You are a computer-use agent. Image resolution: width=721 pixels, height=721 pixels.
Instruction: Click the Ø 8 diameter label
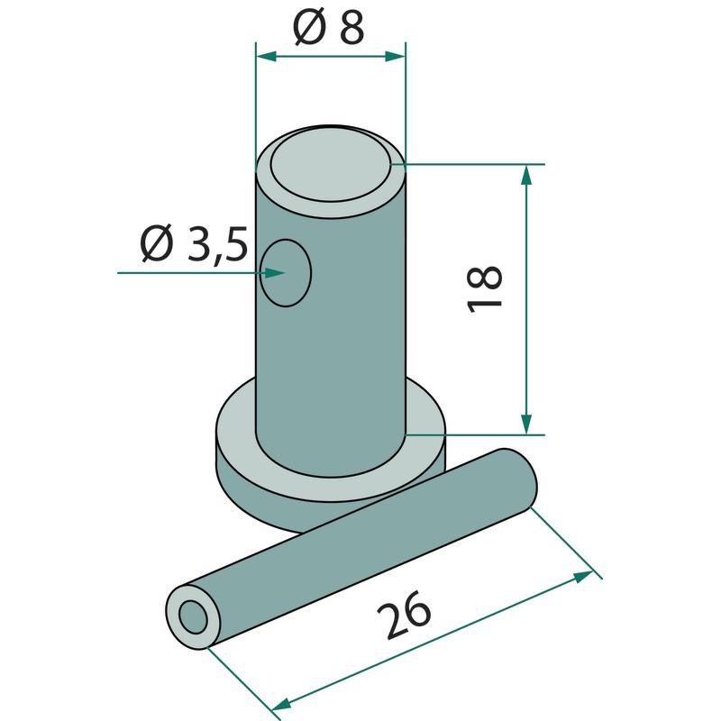(x=328, y=27)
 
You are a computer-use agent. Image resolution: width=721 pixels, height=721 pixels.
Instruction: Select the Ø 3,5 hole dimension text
(x=194, y=243)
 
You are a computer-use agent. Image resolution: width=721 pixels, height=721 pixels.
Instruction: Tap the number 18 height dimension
(x=484, y=289)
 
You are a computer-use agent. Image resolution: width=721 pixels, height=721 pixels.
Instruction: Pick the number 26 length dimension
(x=404, y=615)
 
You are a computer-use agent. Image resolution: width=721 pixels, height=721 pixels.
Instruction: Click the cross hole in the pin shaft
(x=286, y=273)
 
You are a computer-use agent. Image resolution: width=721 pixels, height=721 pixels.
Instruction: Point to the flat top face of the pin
(x=331, y=165)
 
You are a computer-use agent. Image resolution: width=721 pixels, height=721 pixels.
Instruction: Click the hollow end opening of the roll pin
(x=194, y=617)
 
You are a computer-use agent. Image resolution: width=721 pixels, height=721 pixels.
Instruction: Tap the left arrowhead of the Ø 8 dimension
(x=266, y=57)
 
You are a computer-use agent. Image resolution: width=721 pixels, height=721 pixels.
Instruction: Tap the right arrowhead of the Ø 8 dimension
(x=395, y=57)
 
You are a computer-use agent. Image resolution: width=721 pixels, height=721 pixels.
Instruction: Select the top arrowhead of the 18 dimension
(x=526, y=175)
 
